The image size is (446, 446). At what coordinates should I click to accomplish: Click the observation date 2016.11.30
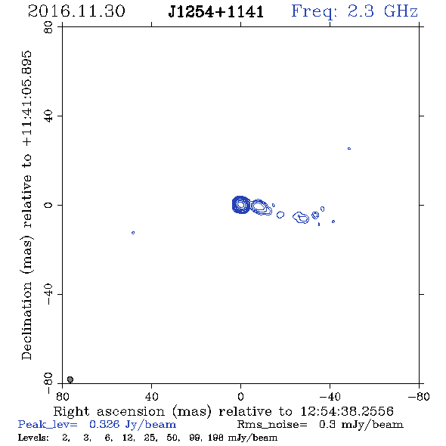[x=76, y=11]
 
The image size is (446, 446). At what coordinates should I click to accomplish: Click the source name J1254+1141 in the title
[x=216, y=12]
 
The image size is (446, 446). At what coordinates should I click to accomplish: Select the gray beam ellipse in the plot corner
[x=70, y=379]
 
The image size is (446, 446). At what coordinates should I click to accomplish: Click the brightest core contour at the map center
[x=241, y=205]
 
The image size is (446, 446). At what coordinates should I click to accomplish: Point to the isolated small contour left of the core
[x=133, y=233]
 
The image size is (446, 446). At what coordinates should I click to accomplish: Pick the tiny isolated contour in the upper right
[x=349, y=148]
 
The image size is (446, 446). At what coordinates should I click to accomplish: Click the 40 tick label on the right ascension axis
[x=151, y=396]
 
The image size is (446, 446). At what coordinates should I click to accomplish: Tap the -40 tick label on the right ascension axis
[x=330, y=396]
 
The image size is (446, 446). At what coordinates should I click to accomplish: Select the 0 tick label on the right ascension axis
[x=240, y=396]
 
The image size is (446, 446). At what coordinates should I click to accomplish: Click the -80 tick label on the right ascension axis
[x=419, y=396]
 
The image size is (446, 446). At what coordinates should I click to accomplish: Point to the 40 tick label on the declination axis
[x=48, y=116]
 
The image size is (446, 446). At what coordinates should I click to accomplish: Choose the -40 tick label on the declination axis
[x=48, y=294]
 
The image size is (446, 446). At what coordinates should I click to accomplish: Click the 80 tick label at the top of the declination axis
[x=48, y=27]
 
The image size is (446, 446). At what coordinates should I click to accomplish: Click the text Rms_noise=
[x=272, y=425]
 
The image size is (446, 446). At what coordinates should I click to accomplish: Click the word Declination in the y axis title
[x=26, y=321]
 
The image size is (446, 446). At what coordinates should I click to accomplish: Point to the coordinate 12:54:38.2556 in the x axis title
[x=347, y=411]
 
